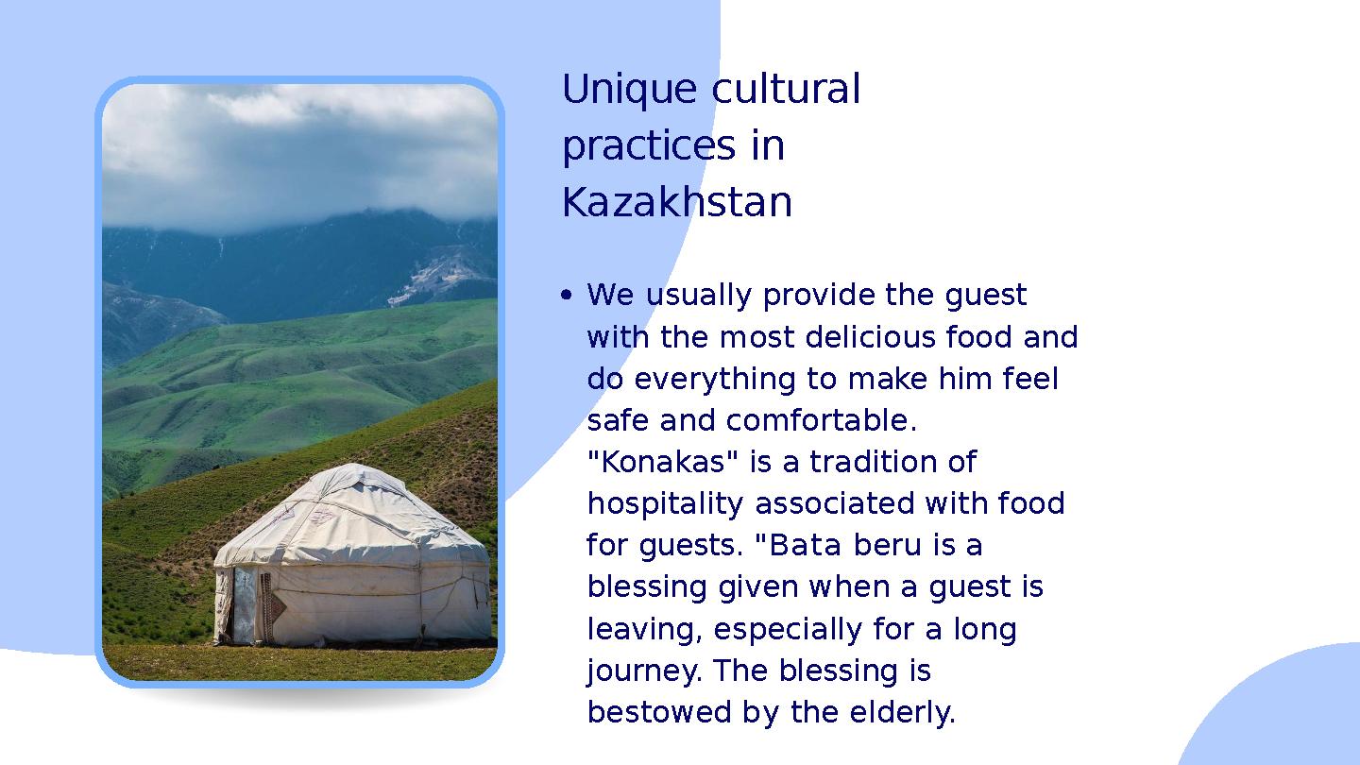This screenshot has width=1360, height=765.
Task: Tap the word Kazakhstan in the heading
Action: click(676, 203)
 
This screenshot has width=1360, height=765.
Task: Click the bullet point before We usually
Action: click(566, 297)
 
